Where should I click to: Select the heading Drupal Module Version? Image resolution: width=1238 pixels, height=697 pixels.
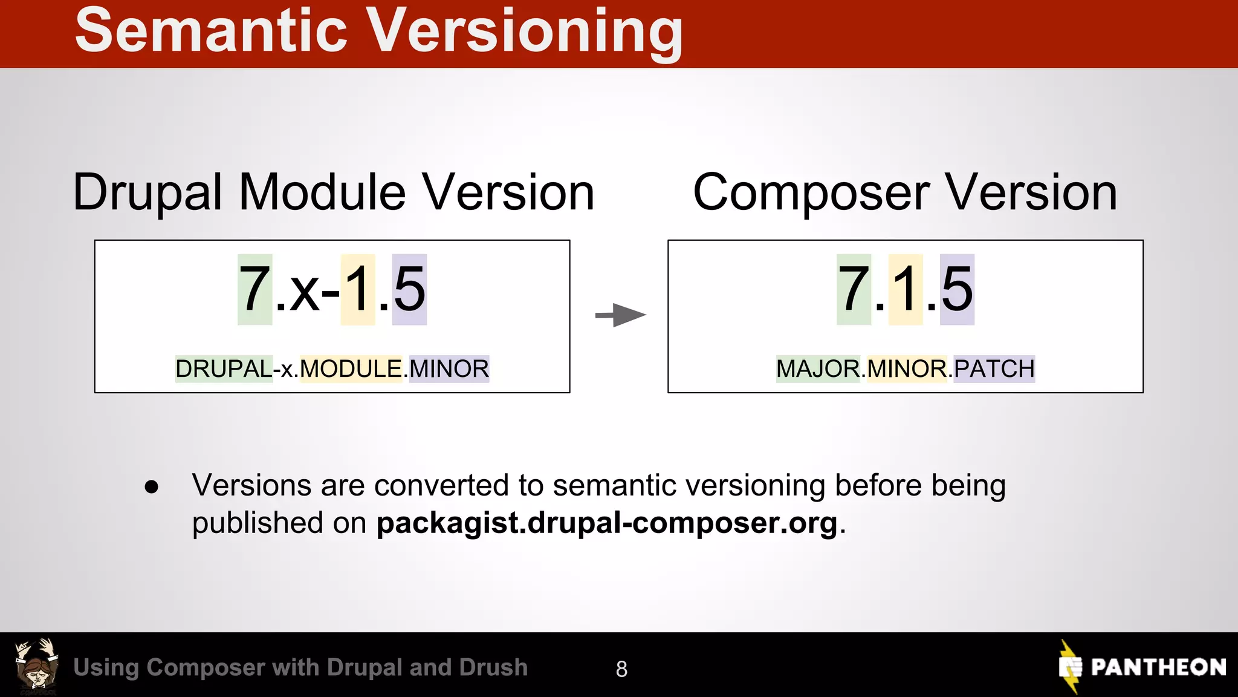334,192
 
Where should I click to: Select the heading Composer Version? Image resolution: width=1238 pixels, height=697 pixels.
905,192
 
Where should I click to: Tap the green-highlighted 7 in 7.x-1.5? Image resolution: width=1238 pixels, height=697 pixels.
254,290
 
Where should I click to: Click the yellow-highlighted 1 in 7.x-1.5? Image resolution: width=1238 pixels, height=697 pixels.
357,290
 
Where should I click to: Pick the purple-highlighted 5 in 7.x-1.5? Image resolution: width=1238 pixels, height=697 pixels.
409,290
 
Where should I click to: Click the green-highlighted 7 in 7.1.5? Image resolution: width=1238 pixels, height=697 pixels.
854,290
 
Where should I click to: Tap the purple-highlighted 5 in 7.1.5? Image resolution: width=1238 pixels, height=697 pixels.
957,290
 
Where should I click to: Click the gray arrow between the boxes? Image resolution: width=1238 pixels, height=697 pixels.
621,315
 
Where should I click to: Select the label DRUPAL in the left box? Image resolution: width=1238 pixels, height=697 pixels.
224,368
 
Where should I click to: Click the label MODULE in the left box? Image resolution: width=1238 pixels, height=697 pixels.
351,368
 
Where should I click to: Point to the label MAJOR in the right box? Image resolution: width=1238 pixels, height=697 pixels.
818,368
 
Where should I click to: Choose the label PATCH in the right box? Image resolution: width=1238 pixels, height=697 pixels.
994,368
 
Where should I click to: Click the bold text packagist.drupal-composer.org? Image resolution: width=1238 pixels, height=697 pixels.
607,523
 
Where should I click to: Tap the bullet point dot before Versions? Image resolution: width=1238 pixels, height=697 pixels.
151,486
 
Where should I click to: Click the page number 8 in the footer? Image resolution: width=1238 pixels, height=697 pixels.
621,669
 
